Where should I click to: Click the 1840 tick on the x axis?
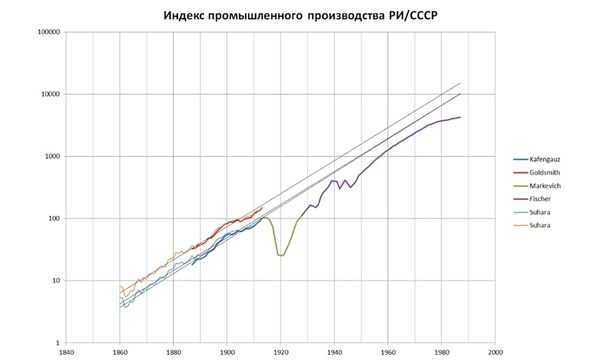click(66, 353)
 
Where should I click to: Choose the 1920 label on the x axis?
click(281, 353)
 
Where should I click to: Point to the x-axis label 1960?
click(388, 353)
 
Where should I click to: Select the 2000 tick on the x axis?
click(495, 353)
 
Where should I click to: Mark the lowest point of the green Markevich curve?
click(281, 255)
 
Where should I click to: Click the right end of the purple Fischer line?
click(460, 117)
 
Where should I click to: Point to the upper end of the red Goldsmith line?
click(263, 207)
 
